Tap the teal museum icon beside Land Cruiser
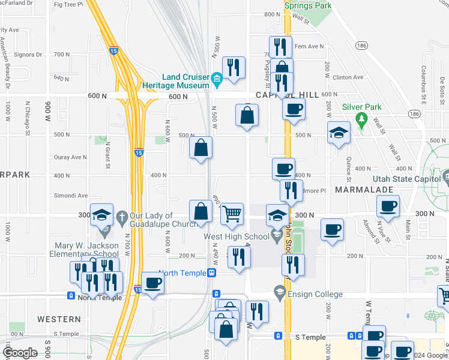point(217,77)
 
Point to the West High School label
point(236,236)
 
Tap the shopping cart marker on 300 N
point(232,214)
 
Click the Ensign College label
point(315,294)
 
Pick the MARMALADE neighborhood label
point(363,190)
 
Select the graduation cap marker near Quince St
point(339,133)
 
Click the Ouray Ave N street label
point(71,157)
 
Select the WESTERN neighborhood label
point(58,319)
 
